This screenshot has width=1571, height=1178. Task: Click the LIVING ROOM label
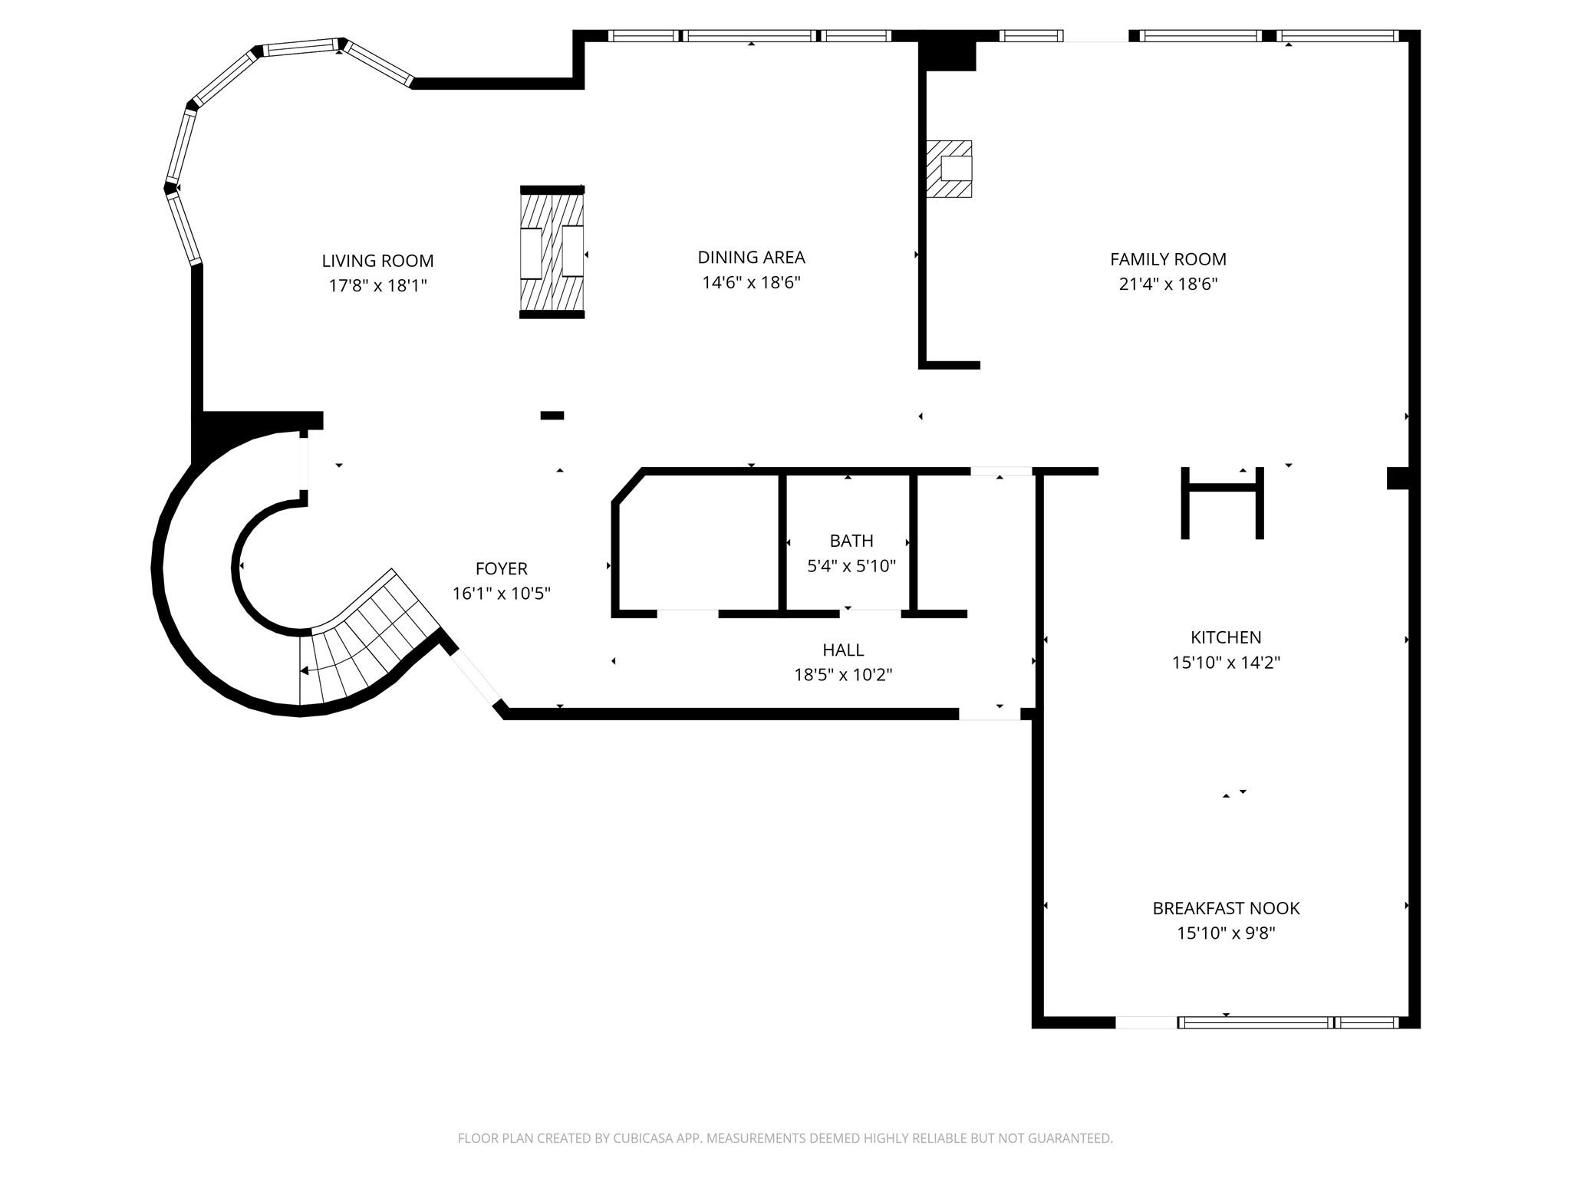(x=377, y=261)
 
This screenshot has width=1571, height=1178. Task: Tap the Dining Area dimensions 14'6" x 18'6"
(x=751, y=282)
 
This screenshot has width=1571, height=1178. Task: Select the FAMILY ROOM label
(x=1168, y=259)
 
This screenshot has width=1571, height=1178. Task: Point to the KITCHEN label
(x=1226, y=637)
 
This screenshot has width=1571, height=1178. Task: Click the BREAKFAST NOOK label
(x=1226, y=908)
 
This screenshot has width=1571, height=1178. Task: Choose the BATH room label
(x=851, y=541)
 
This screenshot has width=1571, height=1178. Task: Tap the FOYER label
(x=502, y=568)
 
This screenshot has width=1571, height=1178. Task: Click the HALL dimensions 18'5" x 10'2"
(x=843, y=675)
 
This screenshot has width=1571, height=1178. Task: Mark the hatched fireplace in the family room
(x=949, y=169)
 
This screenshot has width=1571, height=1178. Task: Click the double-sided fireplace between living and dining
(x=552, y=252)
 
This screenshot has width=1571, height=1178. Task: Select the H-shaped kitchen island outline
(x=1222, y=502)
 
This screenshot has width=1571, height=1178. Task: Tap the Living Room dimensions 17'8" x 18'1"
(x=377, y=286)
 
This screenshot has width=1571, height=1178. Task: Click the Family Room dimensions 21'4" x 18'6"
(x=1168, y=285)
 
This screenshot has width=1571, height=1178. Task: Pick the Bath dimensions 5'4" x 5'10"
(x=851, y=566)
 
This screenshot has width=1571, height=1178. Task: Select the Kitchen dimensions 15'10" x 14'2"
(x=1226, y=663)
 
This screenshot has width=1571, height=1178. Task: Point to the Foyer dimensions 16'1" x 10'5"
(x=502, y=594)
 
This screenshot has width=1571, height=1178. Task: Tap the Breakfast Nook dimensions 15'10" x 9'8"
(x=1226, y=933)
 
